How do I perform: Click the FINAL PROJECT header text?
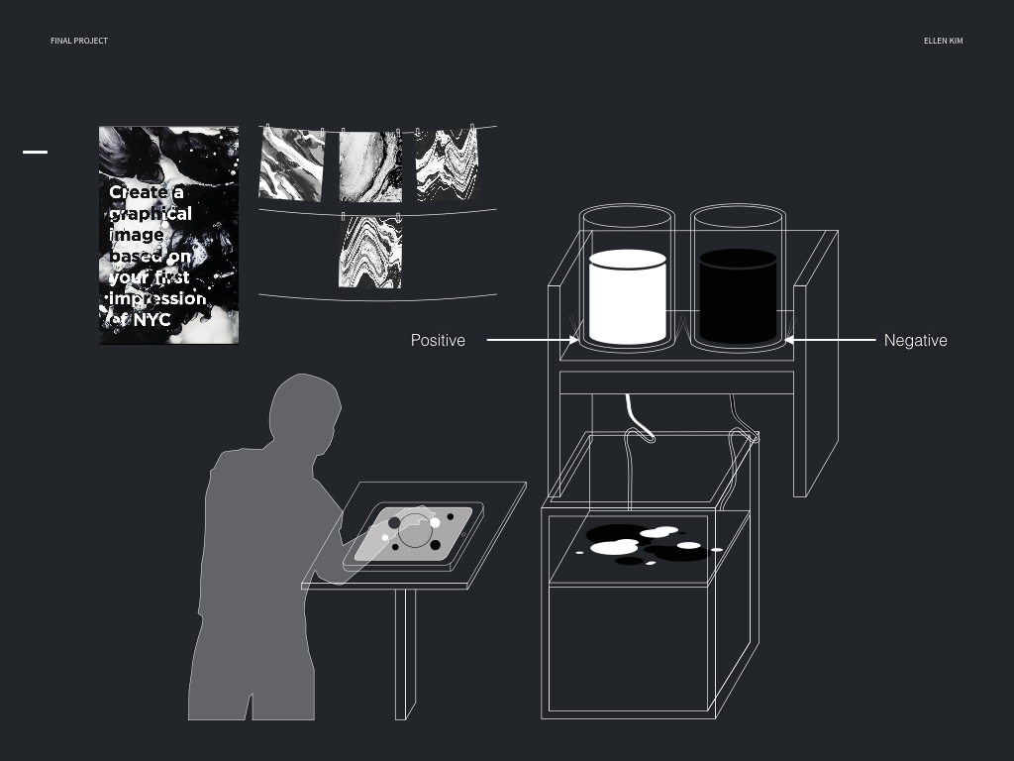[x=79, y=41]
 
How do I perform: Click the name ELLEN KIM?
[x=943, y=41]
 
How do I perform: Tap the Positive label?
[x=438, y=341]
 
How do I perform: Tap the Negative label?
[x=915, y=341]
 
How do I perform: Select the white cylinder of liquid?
[x=628, y=297]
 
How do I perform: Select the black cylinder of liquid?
[x=738, y=297]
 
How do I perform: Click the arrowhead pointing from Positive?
[x=575, y=341]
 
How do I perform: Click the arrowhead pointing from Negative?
[x=789, y=341]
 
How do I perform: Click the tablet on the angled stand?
[x=414, y=536]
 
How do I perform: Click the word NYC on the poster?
[x=151, y=320]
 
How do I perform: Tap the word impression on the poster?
[x=158, y=298]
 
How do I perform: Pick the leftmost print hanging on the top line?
[x=291, y=163]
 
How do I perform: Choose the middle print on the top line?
[x=370, y=165]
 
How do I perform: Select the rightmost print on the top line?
[x=447, y=163]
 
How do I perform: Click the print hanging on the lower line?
[x=370, y=252]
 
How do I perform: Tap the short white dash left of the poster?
[x=35, y=152]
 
